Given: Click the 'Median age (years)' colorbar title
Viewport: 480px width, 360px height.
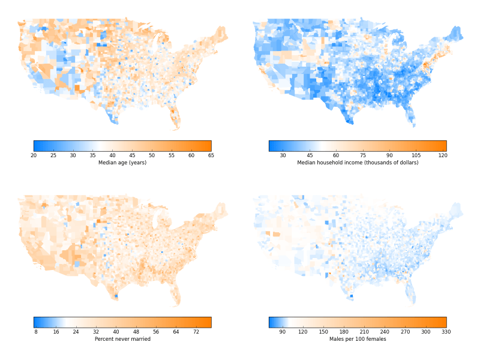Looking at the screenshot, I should pyautogui.click(x=122, y=163).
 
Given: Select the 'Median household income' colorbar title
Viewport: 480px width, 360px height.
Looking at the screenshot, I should pyautogui.click(x=358, y=163).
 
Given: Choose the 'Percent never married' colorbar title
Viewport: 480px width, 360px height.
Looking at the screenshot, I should pyautogui.click(x=122, y=339).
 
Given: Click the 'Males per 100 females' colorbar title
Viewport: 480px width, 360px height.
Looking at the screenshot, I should pyautogui.click(x=358, y=339).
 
